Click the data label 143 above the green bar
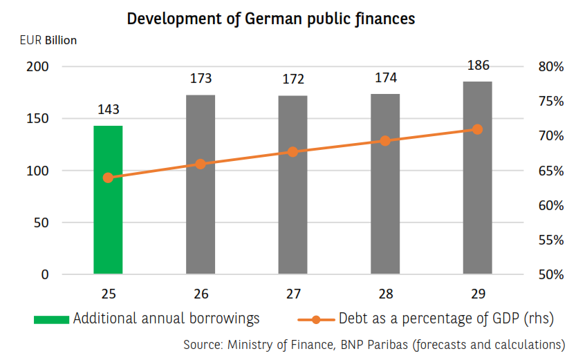109,110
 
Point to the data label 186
478,66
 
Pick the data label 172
293,79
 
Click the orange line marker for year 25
108,178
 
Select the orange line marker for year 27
292,151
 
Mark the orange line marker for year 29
477,129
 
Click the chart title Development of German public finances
271,19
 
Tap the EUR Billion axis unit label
48,40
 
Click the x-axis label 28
385,294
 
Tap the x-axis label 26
201,294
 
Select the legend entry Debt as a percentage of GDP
429,319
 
